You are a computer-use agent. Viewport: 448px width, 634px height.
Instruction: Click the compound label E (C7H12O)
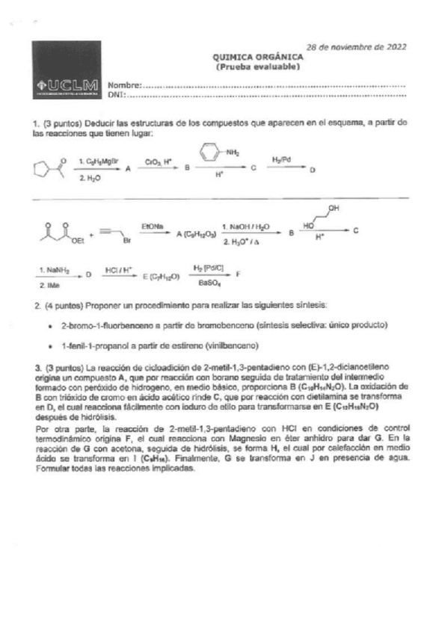tap(161, 276)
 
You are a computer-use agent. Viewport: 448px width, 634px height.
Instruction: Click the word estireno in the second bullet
tap(184, 346)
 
